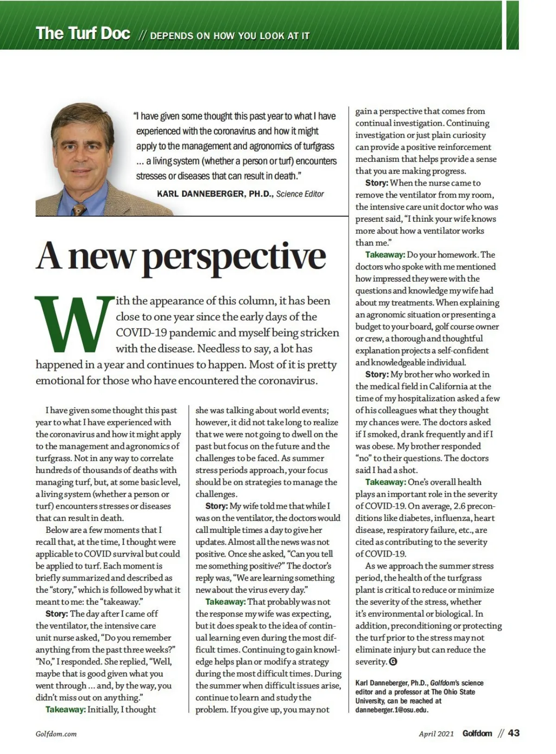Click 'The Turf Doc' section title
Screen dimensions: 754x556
(83, 33)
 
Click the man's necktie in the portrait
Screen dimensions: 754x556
(79, 209)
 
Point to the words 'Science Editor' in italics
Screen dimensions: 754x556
(300, 194)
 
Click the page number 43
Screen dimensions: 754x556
(514, 733)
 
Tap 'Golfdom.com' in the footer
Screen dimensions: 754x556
(56, 734)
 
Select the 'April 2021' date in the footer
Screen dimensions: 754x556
(436, 734)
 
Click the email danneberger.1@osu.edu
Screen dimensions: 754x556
(392, 710)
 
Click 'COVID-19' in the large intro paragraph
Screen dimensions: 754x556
(142, 333)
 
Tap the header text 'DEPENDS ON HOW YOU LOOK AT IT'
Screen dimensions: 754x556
(230, 36)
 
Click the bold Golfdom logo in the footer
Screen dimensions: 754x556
(477, 733)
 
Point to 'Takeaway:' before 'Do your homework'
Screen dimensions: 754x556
(385, 255)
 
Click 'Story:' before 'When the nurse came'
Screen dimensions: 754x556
(377, 183)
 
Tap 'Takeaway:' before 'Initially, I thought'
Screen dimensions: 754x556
(65, 709)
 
